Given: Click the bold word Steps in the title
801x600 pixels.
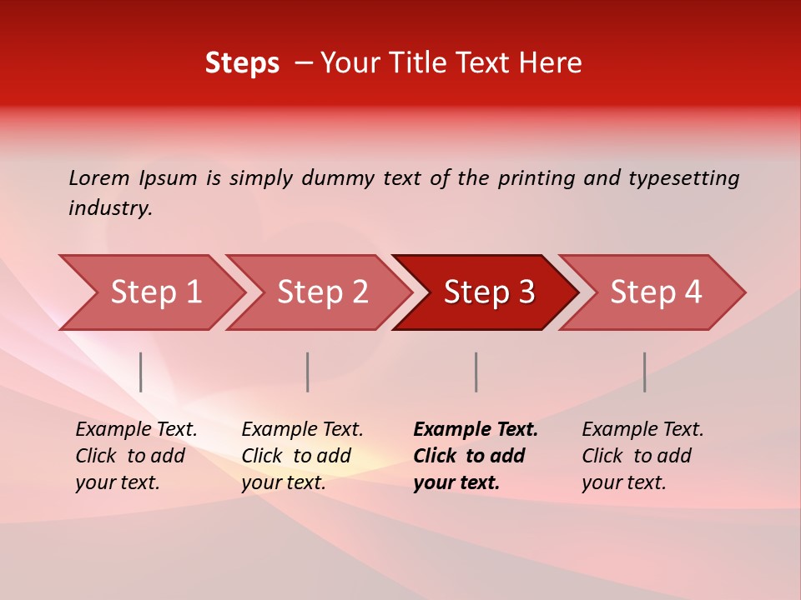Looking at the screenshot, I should point(242,63).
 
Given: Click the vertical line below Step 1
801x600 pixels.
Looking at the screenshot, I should point(141,372).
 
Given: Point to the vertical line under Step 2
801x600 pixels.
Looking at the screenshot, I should point(308,372).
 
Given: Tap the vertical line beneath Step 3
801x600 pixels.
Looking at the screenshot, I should point(476,372).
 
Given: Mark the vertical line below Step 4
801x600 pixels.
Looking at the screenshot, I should point(644,372).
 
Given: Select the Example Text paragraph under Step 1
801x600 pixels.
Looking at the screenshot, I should point(136,456).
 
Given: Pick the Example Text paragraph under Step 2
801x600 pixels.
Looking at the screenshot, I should point(302,456).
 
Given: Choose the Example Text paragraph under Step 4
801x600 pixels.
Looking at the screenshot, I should point(642,456).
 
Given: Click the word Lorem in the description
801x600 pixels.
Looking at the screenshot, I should point(98,178).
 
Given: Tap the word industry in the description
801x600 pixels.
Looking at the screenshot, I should point(110,208).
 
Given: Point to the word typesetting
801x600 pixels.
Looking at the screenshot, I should point(683,178).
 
